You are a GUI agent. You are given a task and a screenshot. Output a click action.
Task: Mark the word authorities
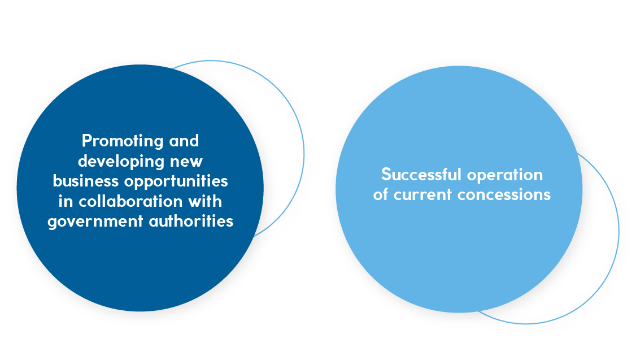(190, 220)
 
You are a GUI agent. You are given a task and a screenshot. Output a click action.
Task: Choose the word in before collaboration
(65, 201)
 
